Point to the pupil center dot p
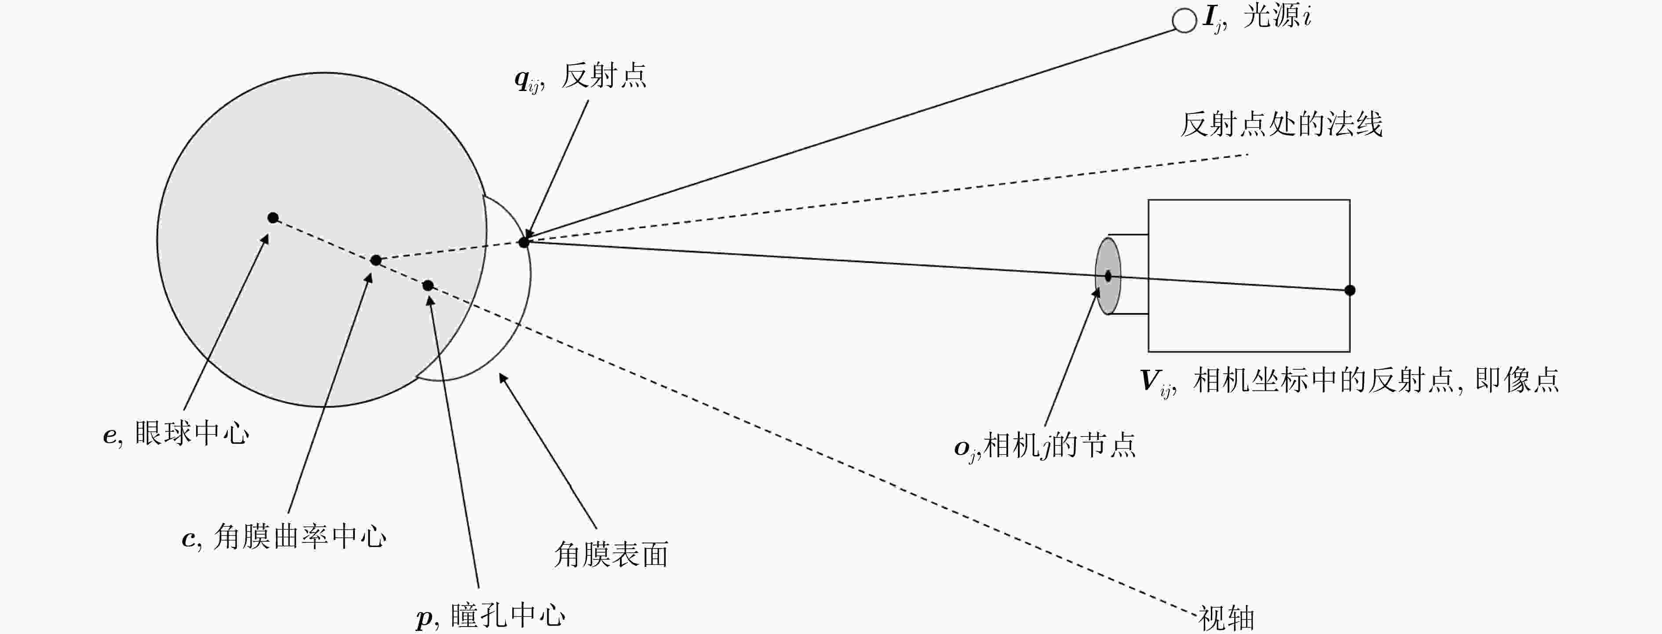(428, 285)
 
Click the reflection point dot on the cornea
(524, 242)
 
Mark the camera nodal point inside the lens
(1108, 276)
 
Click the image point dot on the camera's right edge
(1350, 290)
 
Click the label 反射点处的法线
(1281, 124)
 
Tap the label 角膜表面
(611, 554)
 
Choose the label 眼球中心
(192, 433)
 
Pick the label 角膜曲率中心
(300, 536)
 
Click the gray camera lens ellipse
(1108, 276)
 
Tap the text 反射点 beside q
(604, 76)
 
